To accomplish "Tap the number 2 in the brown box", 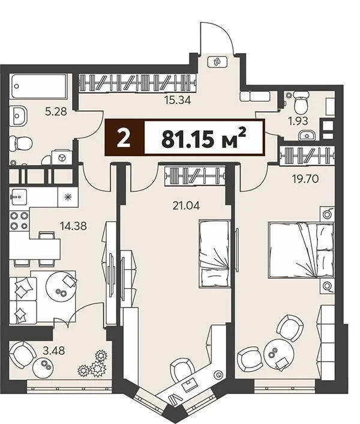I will click(124, 138).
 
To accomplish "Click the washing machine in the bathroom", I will click(61, 157).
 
